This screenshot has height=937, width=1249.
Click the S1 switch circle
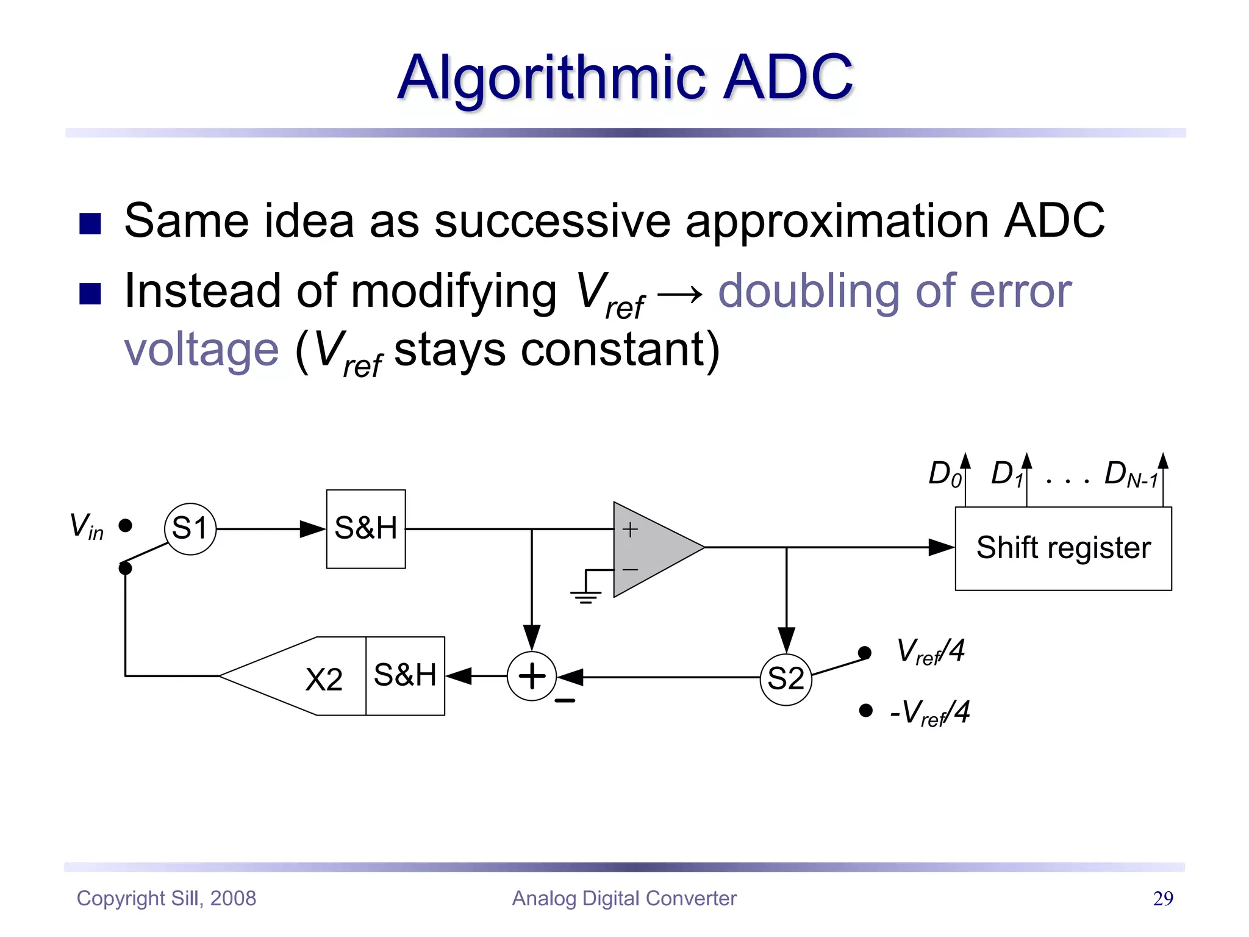click(190, 528)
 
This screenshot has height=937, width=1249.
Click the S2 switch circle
click(786, 679)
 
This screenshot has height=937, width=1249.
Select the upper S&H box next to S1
click(366, 529)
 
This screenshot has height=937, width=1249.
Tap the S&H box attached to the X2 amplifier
click(405, 676)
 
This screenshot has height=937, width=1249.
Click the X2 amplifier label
click(323, 679)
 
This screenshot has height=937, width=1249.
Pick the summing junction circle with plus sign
click(532, 676)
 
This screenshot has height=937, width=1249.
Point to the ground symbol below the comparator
click(585, 595)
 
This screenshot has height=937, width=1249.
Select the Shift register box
click(1063, 548)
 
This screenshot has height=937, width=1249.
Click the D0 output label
click(944, 474)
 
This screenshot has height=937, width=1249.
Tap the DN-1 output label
click(1130, 474)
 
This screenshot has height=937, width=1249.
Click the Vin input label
click(86, 526)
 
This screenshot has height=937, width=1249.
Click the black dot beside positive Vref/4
click(864, 653)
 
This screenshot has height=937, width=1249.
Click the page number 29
click(1163, 898)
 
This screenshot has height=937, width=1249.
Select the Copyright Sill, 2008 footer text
click(166, 898)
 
